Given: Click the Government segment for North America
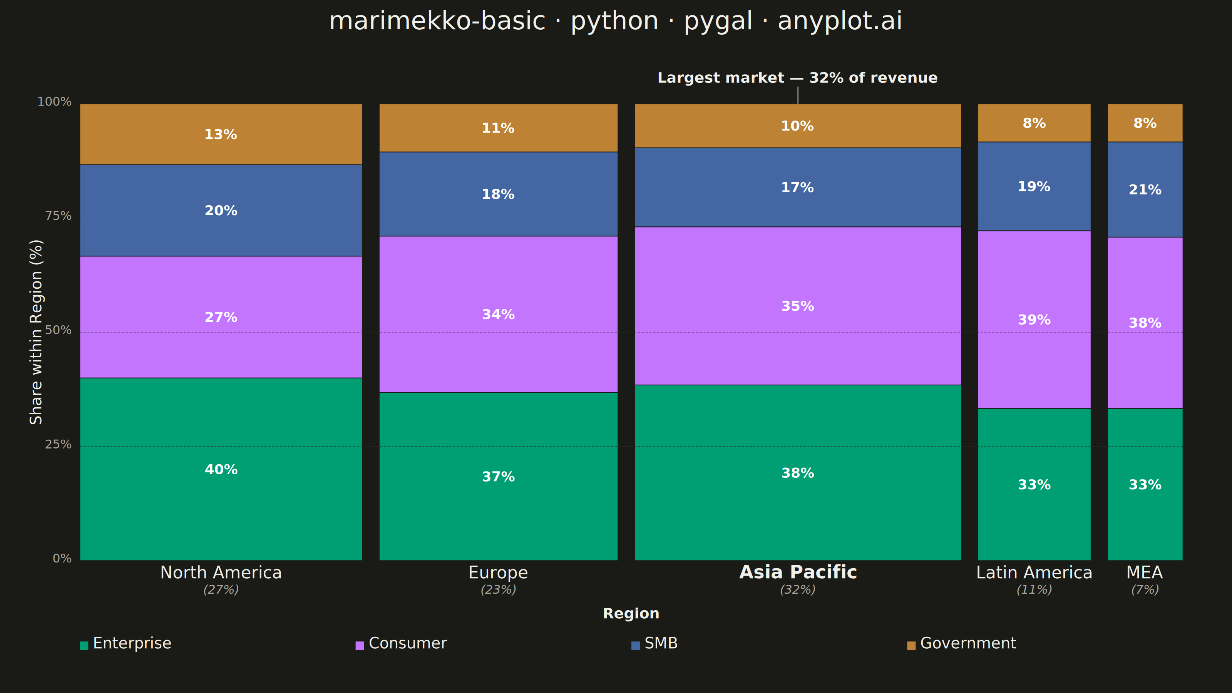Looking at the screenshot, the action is pyautogui.click(x=221, y=134).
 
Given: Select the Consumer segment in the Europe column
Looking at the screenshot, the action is pyautogui.click(x=498, y=314).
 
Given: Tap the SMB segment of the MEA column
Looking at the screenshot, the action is pyautogui.click(x=1145, y=189).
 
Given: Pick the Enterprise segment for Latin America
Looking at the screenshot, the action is pyautogui.click(x=1034, y=484).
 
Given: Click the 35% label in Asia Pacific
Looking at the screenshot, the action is pyautogui.click(x=798, y=306).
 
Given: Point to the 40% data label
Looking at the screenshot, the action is pyautogui.click(x=221, y=470).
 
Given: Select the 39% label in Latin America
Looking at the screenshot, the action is pyautogui.click(x=1034, y=320).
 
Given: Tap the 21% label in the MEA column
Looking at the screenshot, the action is pyautogui.click(x=1145, y=190).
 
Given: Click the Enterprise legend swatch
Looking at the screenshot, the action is pyautogui.click(x=84, y=646).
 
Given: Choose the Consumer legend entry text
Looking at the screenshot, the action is pyautogui.click(x=407, y=643).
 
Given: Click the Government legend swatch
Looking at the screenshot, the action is pyautogui.click(x=911, y=646).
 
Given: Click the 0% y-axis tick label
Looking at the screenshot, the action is pyautogui.click(x=62, y=559).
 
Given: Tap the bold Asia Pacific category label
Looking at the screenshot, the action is pyautogui.click(x=798, y=572).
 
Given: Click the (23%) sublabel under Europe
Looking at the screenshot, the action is pyautogui.click(x=498, y=590).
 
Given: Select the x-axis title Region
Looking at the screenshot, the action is pyautogui.click(x=631, y=614).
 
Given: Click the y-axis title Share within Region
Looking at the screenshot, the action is pyautogui.click(x=36, y=332).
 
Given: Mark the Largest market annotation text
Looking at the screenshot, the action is pyautogui.click(x=797, y=78).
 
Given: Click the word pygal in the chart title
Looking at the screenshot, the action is pyautogui.click(x=718, y=22).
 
